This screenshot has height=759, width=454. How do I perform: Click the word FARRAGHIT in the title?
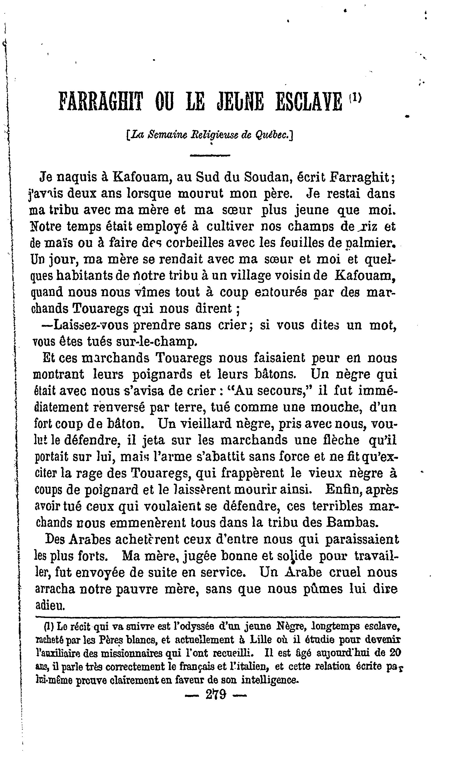(x=101, y=101)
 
